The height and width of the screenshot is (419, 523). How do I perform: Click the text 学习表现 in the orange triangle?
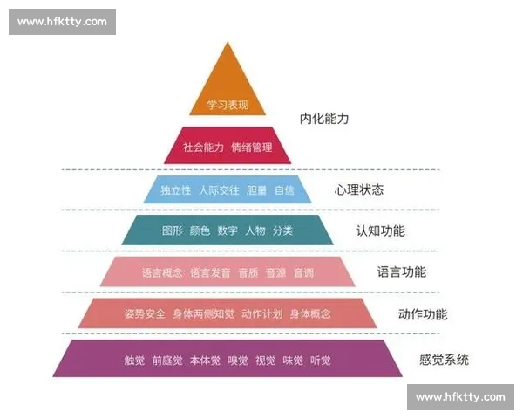tap(228, 105)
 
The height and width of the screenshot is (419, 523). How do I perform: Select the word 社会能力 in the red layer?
tap(204, 147)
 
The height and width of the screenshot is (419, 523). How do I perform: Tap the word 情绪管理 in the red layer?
tap(252, 147)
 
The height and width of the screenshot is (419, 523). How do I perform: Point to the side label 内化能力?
tap(323, 118)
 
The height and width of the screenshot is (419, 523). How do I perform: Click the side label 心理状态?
tap(358, 189)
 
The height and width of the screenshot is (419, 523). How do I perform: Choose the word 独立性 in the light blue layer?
tap(175, 189)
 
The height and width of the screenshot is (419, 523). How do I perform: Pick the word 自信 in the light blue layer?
tap(284, 189)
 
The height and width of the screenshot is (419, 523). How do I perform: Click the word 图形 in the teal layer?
tap(173, 230)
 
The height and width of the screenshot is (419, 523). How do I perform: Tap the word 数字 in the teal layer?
tap(228, 230)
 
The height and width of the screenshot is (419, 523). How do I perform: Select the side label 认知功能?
tap(380, 230)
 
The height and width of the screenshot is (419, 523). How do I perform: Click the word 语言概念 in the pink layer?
tap(162, 272)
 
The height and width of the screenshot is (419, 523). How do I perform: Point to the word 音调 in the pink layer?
tap(303, 272)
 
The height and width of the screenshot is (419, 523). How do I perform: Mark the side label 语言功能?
tap(401, 271)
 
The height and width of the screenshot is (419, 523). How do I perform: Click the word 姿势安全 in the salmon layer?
tap(145, 313)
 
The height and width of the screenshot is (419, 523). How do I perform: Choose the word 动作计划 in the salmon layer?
tap(261, 313)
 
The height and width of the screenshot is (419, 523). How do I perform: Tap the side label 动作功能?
tap(422, 313)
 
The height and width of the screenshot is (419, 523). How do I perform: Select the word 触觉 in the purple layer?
tap(135, 360)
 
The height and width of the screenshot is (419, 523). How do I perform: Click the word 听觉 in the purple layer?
tap(321, 360)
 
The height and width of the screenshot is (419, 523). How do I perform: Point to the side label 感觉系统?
tap(444, 359)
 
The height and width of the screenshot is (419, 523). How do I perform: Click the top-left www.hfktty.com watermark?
tap(62, 21)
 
